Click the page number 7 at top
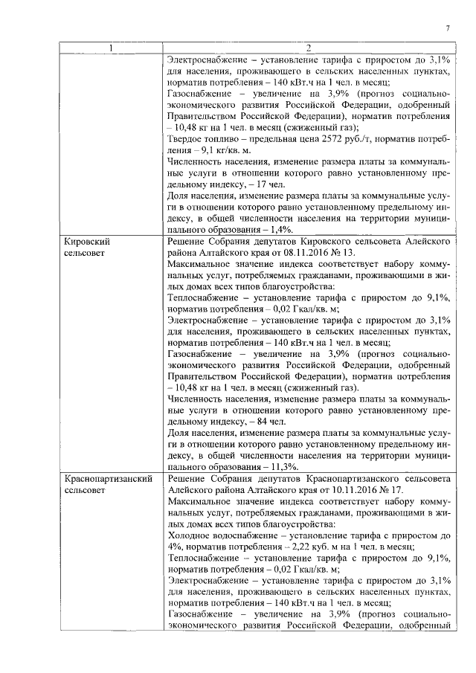coord(448,28)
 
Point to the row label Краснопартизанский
coord(109,479)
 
